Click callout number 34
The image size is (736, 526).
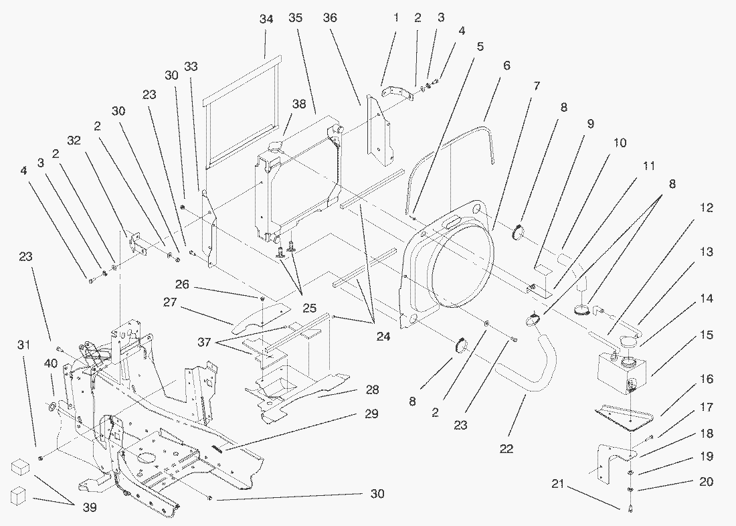[266, 19]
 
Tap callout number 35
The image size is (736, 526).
[296, 18]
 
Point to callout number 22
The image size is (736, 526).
[507, 448]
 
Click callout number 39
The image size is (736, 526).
[89, 508]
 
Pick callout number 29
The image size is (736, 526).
[372, 414]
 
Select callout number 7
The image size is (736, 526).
[536, 86]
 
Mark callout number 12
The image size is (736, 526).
[707, 208]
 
